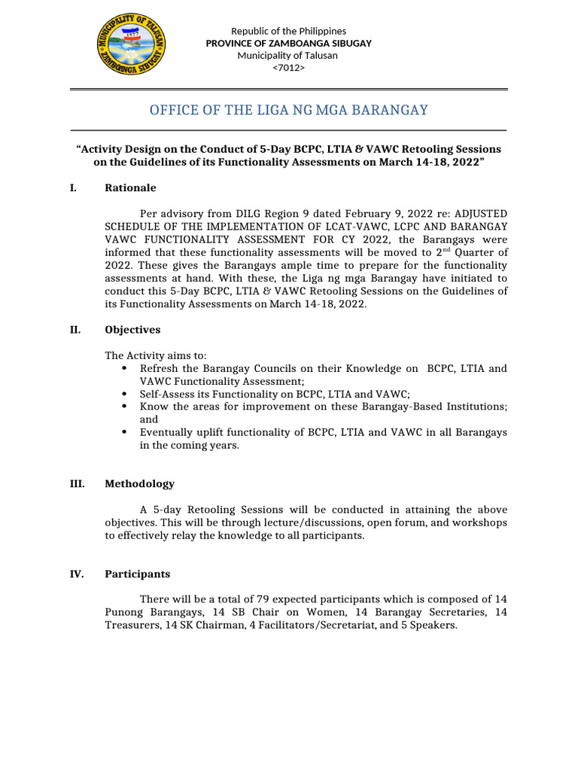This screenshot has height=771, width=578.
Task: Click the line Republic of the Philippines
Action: click(x=288, y=31)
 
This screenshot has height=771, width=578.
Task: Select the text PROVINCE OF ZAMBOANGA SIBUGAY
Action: click(x=288, y=43)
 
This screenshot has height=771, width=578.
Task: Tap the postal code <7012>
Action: click(x=288, y=68)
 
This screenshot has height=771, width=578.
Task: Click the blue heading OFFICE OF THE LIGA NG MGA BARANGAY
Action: click(x=288, y=111)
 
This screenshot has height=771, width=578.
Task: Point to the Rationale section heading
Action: click(x=130, y=187)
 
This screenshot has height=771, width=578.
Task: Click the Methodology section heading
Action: click(x=139, y=483)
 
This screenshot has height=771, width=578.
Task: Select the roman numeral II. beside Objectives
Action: click(x=75, y=330)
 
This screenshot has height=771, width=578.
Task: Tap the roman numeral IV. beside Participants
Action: click(x=76, y=574)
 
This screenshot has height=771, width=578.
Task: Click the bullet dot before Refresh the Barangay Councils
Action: click(x=123, y=368)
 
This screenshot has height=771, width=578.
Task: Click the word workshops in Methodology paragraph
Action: click(x=478, y=523)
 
